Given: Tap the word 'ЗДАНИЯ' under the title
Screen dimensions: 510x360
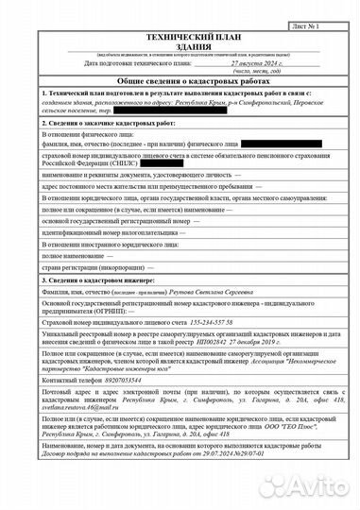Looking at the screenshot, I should pos(180,44).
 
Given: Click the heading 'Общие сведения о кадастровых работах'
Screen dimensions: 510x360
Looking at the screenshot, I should pos(180,82).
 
